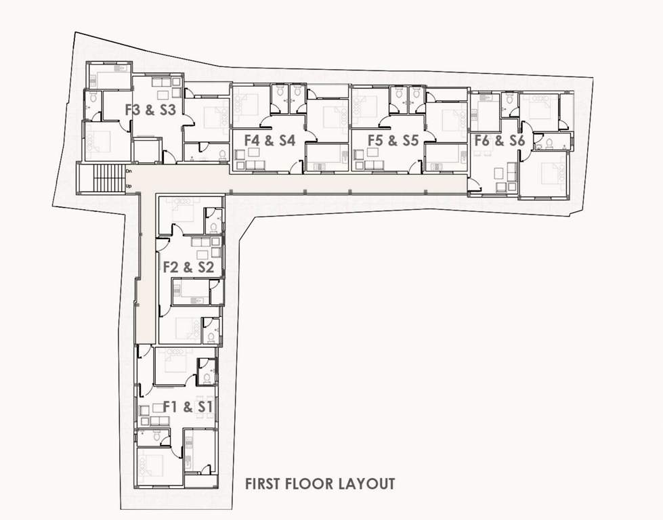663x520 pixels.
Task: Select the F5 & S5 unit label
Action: [393, 141]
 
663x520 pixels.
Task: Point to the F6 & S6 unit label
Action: [500, 141]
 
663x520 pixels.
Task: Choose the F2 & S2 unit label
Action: [188, 267]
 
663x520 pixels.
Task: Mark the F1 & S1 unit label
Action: [188, 407]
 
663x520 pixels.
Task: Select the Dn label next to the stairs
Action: [129, 171]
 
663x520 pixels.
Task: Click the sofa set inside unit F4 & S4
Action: [249, 162]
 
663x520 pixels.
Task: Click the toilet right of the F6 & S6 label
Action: [549, 143]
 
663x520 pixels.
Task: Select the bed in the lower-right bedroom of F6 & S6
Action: [547, 175]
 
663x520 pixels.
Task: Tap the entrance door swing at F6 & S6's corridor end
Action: [474, 184]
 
